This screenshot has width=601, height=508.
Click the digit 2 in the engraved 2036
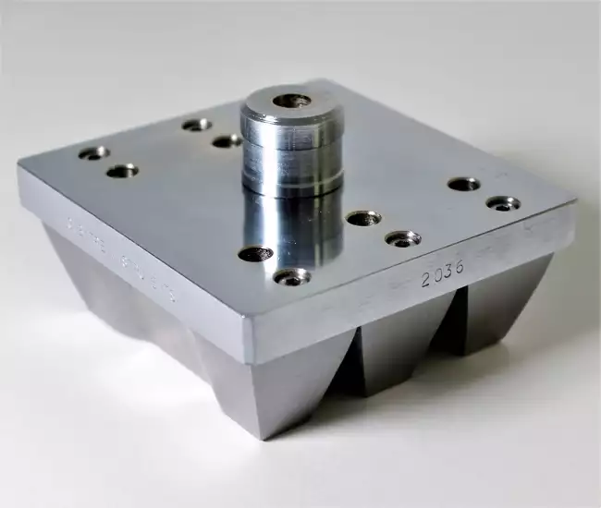coord(426,281)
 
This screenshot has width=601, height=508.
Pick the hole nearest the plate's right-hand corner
coord(503,203)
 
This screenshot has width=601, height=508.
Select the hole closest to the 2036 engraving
coord(402,239)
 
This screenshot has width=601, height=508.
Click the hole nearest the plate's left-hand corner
coord(93,152)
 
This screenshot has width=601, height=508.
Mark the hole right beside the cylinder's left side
coord(227,141)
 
